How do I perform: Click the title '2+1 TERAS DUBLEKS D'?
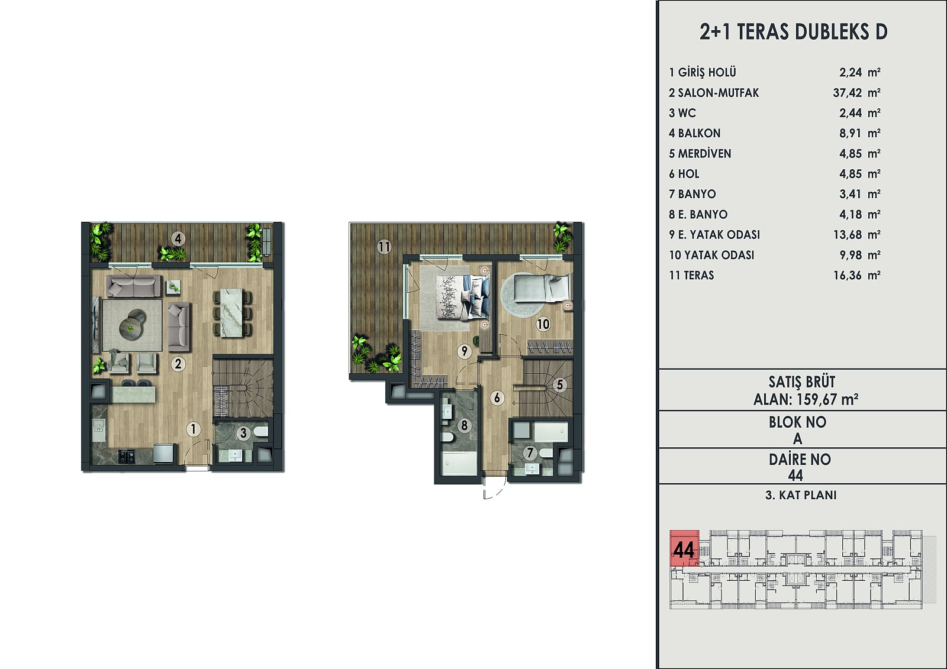coord(793,32)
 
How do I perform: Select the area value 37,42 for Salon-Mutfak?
coord(847,92)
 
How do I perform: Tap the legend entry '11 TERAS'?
coord(691,275)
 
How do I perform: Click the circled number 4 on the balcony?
coord(178,239)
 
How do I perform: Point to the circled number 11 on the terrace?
coord(384,247)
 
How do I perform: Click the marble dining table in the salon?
coord(230,313)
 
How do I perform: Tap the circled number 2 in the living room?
coord(178,364)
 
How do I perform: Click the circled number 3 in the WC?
coord(243,433)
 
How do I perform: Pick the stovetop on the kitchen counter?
coord(127,456)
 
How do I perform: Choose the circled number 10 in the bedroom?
coord(543,324)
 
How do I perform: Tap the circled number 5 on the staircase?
coord(560,384)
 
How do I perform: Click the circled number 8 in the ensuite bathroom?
coord(464,425)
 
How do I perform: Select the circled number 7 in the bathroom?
coord(530,453)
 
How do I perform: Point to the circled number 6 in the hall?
coord(497,397)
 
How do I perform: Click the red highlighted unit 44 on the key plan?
coord(684,548)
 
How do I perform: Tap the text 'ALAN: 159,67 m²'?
coord(806,399)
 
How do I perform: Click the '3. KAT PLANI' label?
coord(801,495)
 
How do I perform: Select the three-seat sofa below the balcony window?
coord(134,286)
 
